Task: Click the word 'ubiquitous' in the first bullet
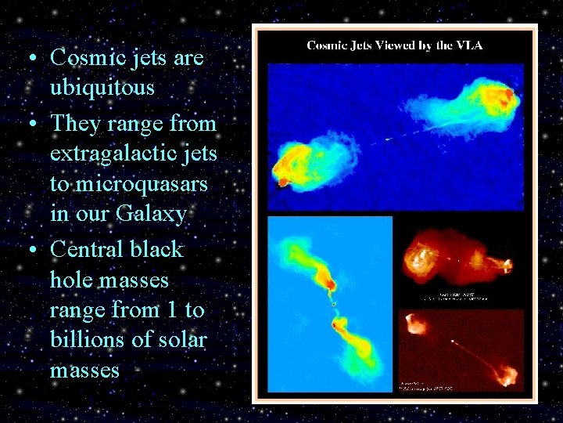click(x=102, y=88)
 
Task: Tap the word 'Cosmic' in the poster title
click(x=328, y=45)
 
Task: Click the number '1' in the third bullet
click(x=173, y=310)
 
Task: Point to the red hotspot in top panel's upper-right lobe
click(x=509, y=95)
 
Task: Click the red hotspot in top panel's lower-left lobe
click(x=283, y=183)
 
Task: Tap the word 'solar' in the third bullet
click(x=182, y=339)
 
